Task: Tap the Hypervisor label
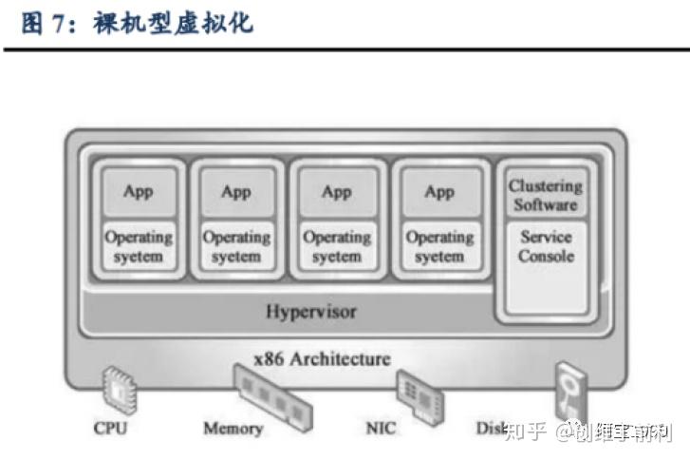[311, 310]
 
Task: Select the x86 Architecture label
[323, 358]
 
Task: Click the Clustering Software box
[546, 195]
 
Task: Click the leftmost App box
[138, 192]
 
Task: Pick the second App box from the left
[236, 192]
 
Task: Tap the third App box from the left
[337, 192]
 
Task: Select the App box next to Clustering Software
[438, 192]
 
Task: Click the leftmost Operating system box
[138, 247]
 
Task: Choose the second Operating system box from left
[236, 247]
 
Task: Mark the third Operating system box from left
[337, 247]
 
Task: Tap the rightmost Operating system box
[438, 247]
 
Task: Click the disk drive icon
[569, 389]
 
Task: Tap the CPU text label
[110, 428]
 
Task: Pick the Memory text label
[233, 429]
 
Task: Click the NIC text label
[381, 428]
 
